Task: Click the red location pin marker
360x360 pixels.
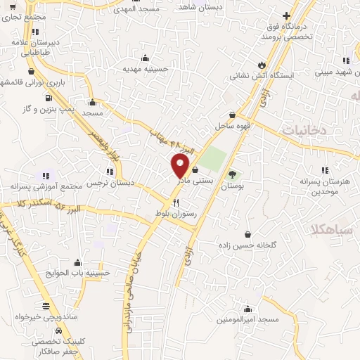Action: tap(181, 166)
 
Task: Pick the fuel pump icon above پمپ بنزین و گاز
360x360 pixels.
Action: tap(48, 97)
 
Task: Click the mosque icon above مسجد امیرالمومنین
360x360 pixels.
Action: tap(247, 308)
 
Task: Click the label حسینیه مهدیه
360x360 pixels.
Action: tap(146, 69)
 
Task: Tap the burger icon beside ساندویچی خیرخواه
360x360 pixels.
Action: tap(46, 306)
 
